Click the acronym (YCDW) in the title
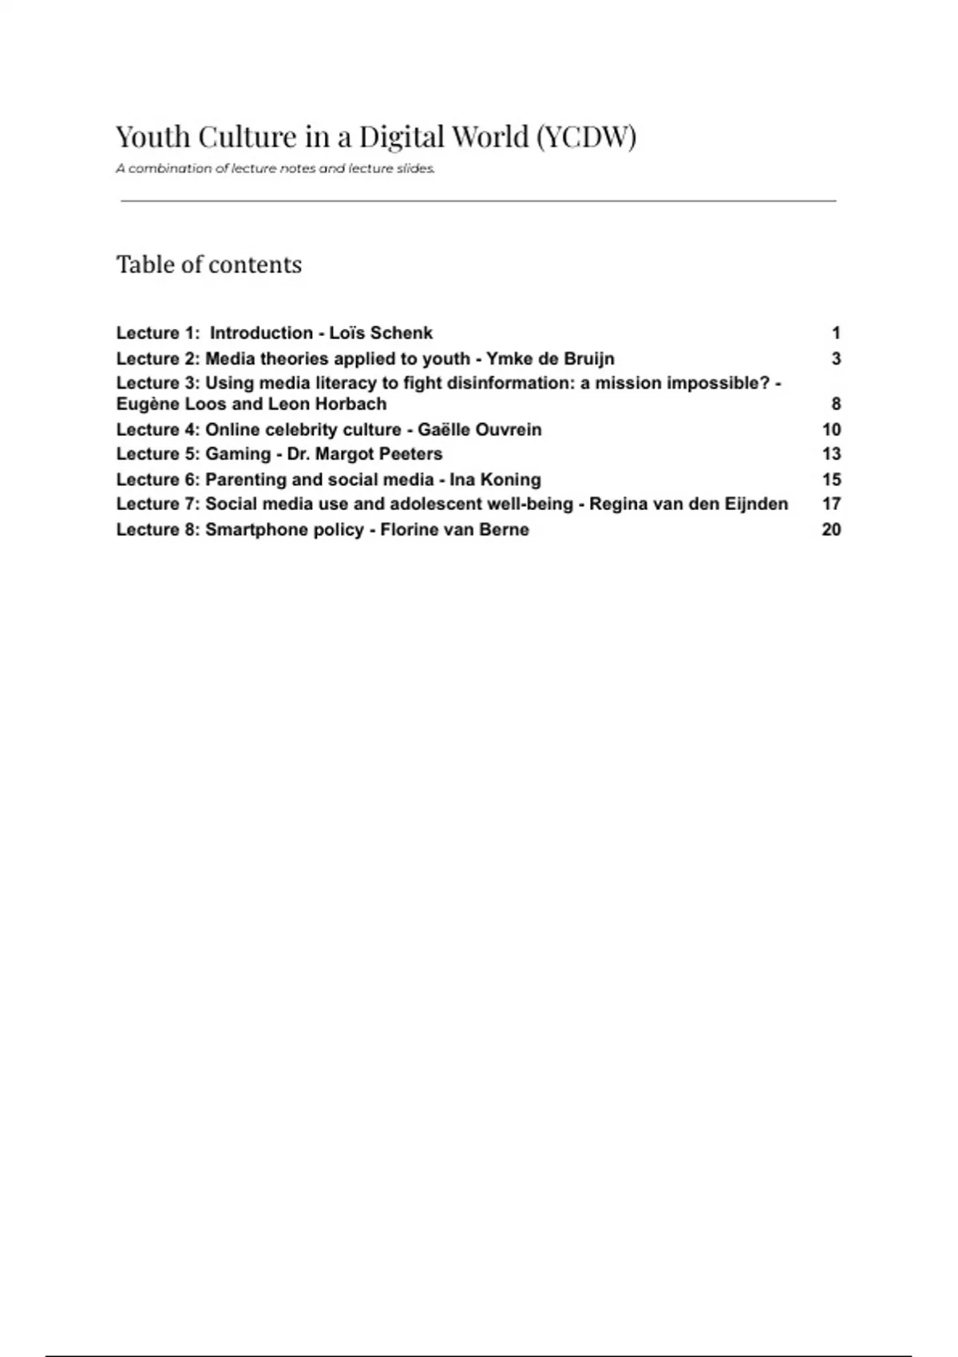tap(586, 137)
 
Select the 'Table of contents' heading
tap(209, 264)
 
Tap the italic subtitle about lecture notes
tap(275, 168)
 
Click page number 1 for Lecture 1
tap(836, 333)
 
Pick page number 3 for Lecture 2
tap(836, 358)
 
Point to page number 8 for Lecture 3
tap(836, 404)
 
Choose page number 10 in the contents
tap(831, 429)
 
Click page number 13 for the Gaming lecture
tap(831, 453)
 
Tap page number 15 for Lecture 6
tap(831, 479)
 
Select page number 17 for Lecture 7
tap(831, 504)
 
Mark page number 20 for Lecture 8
tap(831, 529)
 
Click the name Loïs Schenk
tap(381, 333)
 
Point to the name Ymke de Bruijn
tap(550, 358)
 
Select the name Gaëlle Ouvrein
tap(480, 429)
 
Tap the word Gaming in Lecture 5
tap(238, 453)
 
